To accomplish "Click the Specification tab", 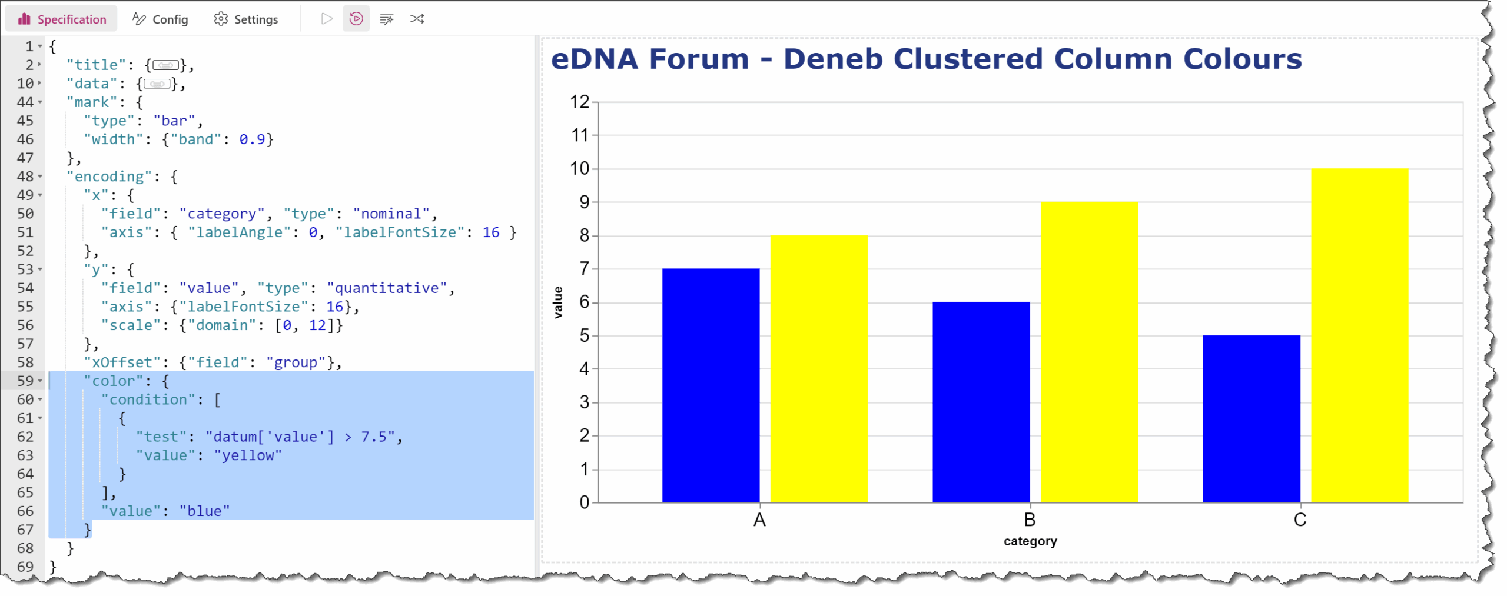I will [62, 19].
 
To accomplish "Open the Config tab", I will [160, 19].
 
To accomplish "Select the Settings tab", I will [246, 19].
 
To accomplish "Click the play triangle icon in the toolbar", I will [327, 19].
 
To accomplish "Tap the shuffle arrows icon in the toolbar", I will [417, 19].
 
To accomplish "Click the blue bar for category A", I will [711, 385].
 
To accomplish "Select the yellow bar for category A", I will [819, 369].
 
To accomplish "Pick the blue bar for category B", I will [981, 402].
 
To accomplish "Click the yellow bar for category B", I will [1089, 352].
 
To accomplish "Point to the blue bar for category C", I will [1252, 419].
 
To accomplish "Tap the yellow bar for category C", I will [1360, 335].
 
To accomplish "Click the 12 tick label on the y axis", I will [580, 102].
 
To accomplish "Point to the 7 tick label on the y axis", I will [584, 269].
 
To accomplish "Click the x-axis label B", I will [1030, 520].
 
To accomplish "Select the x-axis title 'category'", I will [1030, 541].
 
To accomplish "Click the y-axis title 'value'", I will [558, 302].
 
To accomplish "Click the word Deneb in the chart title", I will [833, 59].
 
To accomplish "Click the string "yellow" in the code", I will [248, 455].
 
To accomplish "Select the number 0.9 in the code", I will [252, 139].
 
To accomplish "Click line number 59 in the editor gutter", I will [25, 381].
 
